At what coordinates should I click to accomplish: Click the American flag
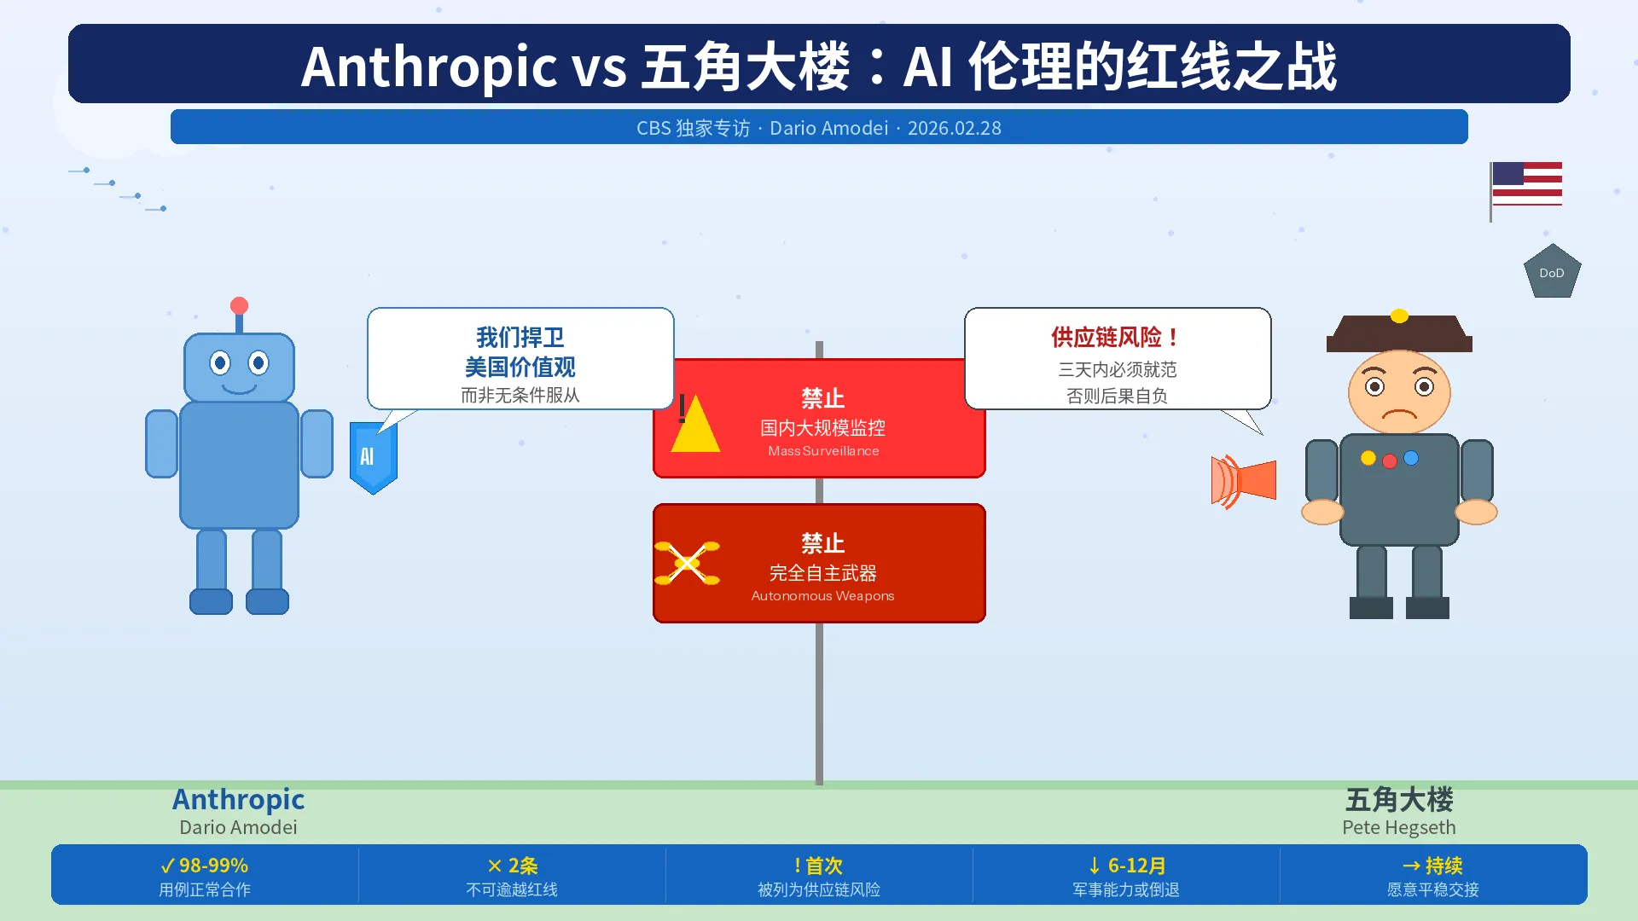pos(1526,184)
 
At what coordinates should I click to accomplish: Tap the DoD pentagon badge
pos(1552,272)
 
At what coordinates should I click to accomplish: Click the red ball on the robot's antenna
pos(239,305)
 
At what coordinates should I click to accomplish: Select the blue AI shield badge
pos(373,457)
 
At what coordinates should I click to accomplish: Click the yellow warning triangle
pos(695,425)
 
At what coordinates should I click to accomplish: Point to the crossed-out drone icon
pos(687,563)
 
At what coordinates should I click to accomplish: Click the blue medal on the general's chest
pos(1411,458)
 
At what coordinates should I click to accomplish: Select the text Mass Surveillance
pos(823,451)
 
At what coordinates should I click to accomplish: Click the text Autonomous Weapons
pos(822,596)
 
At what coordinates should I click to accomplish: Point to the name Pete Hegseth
pos(1398,827)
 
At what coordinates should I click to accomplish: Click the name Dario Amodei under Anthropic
pos(238,827)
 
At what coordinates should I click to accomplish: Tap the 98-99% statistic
pos(205,866)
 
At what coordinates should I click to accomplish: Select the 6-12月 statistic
pos(1126,866)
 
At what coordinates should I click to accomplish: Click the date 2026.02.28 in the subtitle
pos(954,128)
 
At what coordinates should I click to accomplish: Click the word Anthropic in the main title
pos(428,67)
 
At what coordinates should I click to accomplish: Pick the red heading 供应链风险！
pos(1116,337)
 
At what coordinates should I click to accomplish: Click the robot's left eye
pos(220,363)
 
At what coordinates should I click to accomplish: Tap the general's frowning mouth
pos(1399,415)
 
